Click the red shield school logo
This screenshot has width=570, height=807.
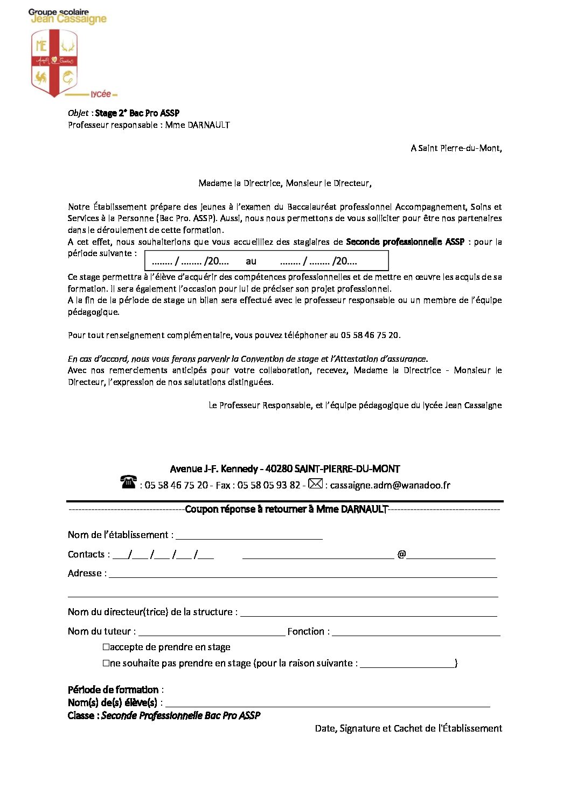(x=54, y=63)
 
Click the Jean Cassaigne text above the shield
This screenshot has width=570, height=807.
(x=68, y=19)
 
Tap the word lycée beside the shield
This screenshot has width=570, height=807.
(x=101, y=94)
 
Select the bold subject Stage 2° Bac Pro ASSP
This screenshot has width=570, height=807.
(x=137, y=113)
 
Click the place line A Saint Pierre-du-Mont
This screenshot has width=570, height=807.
(x=456, y=148)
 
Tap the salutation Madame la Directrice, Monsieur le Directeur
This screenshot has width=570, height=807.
(x=284, y=183)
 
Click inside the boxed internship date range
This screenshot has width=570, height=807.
(x=266, y=261)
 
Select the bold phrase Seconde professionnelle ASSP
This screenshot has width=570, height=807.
(x=405, y=242)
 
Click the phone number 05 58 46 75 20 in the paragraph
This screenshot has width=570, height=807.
(x=370, y=335)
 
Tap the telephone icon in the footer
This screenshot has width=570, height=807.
(x=128, y=482)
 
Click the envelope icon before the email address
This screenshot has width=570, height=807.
(x=315, y=484)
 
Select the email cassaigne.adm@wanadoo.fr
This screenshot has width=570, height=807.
(x=390, y=485)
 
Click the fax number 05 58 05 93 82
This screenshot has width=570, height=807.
(x=268, y=485)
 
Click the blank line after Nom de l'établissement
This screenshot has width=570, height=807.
(x=249, y=536)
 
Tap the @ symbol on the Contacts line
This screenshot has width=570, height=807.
(x=401, y=554)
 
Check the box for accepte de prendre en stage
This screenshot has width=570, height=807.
(x=106, y=647)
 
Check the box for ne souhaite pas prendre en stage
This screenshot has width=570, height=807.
(x=106, y=663)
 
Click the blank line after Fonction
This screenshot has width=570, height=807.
(x=416, y=632)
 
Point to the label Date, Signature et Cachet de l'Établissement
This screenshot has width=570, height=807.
(x=408, y=728)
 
